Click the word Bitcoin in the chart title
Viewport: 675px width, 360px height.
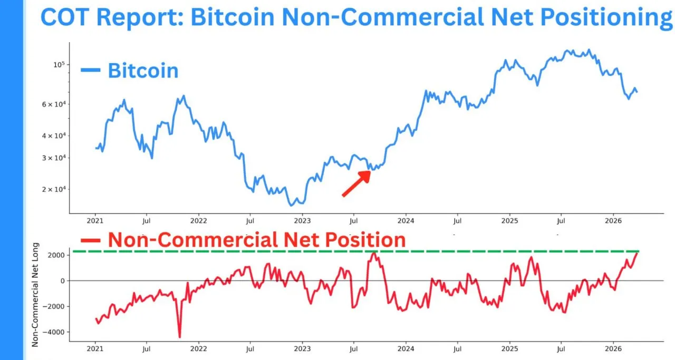[x=232, y=17]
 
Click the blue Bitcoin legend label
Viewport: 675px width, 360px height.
[x=143, y=70]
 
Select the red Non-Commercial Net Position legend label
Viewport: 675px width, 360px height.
[x=256, y=240]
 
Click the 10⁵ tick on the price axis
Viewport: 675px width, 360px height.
[x=58, y=64]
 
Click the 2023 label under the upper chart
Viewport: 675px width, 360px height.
[x=302, y=222]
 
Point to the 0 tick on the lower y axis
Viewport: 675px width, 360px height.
[x=62, y=280]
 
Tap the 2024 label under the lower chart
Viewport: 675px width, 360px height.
[x=406, y=348]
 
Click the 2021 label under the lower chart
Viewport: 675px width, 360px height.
[x=95, y=348]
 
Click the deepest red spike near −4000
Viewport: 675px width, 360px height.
[x=179, y=336]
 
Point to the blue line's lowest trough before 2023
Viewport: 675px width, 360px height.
[x=291, y=205]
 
